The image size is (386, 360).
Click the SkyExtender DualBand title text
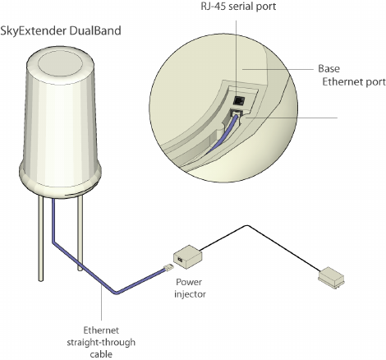pos(61,30)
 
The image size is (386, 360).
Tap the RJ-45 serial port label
pos(238,7)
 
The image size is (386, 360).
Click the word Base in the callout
pos(329,68)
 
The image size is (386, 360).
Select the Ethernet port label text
pos(354,82)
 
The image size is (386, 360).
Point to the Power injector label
pos(190,288)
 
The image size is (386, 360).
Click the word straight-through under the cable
pos(101,343)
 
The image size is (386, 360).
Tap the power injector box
pos(188,256)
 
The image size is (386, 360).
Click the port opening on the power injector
pos(180,259)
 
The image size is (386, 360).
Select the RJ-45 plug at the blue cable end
pos(168,268)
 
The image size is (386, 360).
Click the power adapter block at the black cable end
pos(331,278)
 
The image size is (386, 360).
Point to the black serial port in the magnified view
pos(238,100)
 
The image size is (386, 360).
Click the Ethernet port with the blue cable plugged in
pos(236,113)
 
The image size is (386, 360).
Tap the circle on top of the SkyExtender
pos(60,63)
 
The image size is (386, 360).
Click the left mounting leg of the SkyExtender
pos(40,238)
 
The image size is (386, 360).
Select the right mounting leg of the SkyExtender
pos(80,233)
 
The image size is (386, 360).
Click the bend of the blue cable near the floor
pos(117,293)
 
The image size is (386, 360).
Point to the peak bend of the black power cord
pos(247,226)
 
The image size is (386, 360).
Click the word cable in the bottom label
pos(101,354)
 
